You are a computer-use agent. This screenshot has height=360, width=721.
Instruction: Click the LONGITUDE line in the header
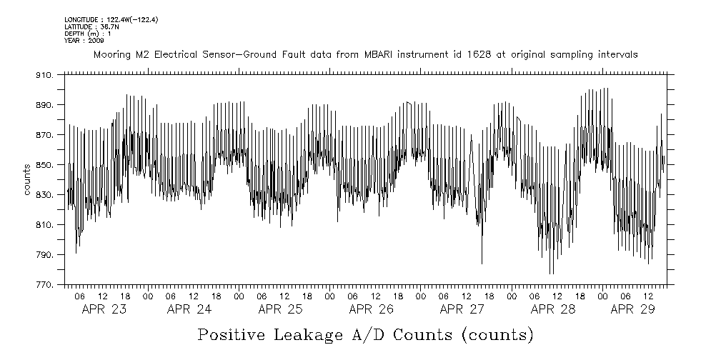click(111, 20)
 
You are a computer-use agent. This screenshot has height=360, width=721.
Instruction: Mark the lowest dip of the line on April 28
click(550, 274)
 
